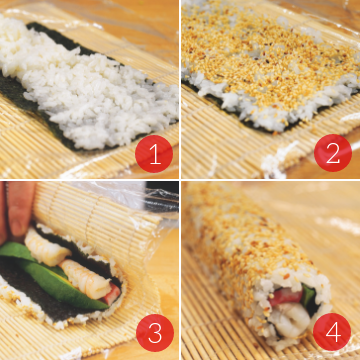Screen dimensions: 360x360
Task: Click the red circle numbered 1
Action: pos(154,154)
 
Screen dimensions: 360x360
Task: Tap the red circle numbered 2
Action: pos(333,153)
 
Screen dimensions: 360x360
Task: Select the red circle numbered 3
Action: pos(155,333)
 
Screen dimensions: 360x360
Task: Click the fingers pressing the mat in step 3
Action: pos(17,208)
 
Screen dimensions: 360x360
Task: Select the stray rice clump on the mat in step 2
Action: pos(275,162)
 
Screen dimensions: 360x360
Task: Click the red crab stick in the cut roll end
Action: pos(285,297)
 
